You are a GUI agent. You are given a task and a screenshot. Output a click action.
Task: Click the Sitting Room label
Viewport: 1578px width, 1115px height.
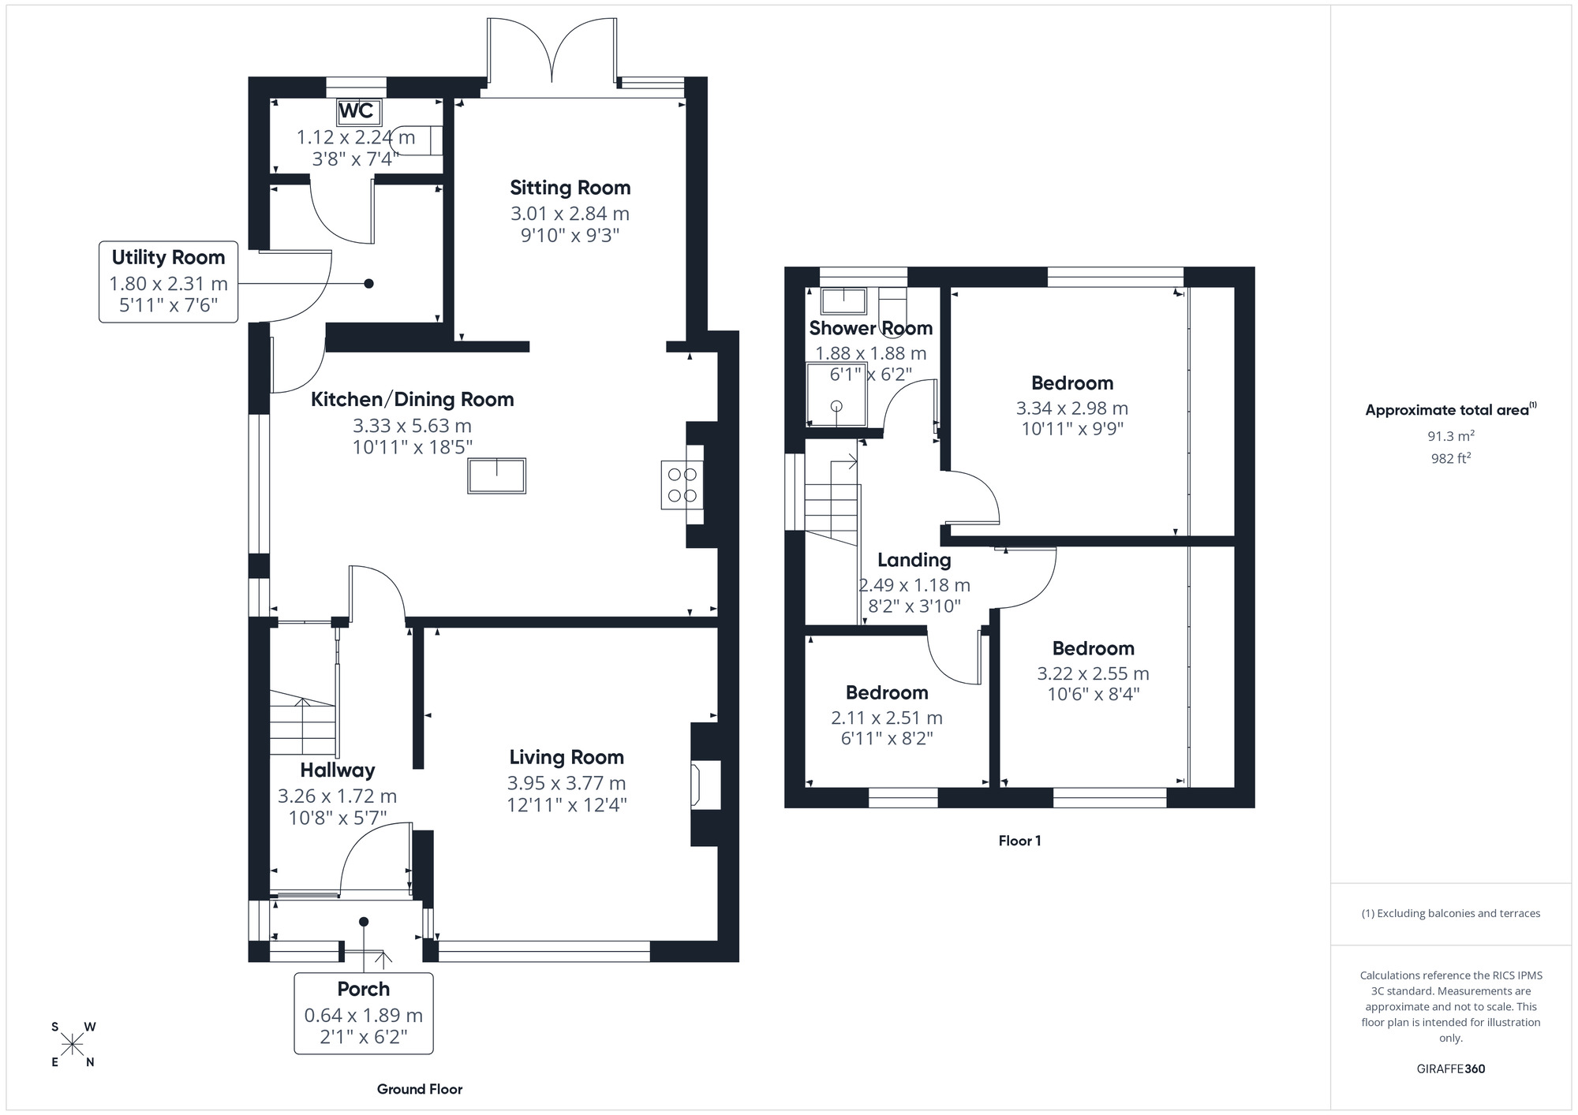(x=570, y=188)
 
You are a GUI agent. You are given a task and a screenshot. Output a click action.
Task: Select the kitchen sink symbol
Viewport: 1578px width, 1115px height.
(x=496, y=475)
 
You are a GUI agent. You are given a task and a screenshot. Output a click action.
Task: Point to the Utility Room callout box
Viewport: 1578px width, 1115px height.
(x=168, y=282)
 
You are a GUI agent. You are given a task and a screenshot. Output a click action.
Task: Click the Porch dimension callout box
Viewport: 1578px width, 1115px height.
(x=363, y=1013)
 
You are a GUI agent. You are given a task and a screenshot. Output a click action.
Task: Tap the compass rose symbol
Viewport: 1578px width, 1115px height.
(x=73, y=1045)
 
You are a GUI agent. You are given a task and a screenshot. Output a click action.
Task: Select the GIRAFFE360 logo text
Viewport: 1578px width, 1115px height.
(x=1450, y=1068)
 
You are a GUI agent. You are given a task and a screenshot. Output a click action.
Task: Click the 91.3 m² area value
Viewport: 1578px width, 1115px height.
(x=1450, y=436)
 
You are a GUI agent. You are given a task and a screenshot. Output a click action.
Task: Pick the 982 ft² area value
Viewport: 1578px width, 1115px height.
(x=1450, y=458)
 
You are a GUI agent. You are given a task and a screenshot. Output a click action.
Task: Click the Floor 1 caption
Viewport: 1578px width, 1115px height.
(x=1019, y=841)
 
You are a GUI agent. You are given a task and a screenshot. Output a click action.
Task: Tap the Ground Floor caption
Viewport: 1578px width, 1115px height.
(x=419, y=1089)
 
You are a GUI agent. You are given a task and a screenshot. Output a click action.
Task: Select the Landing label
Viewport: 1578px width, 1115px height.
(x=914, y=560)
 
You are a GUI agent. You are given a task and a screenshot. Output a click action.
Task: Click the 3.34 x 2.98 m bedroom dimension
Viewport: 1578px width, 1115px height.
(x=1071, y=408)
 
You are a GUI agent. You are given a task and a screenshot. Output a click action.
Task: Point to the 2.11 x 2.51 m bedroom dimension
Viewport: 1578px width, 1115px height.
(x=886, y=718)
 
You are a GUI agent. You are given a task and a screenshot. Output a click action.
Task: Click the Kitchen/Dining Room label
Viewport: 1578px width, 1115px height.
(x=412, y=400)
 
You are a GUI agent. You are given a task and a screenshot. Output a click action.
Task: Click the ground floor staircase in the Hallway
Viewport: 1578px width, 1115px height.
(x=302, y=722)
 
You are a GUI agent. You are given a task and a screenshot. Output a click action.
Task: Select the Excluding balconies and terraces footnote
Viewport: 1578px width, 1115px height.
(x=1450, y=913)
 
